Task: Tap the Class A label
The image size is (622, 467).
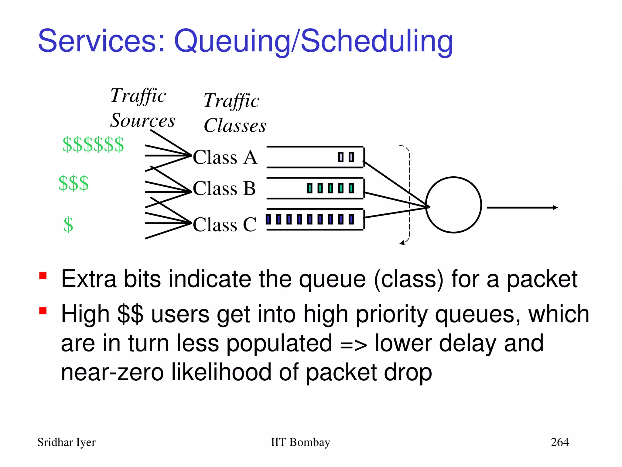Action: (225, 157)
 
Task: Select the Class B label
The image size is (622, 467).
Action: (224, 188)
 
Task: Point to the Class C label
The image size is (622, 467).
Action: (224, 225)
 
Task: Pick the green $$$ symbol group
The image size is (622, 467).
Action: (73, 183)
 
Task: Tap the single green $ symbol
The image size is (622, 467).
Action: (68, 225)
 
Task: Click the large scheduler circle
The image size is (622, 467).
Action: (453, 205)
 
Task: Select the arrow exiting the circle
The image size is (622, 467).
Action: (522, 207)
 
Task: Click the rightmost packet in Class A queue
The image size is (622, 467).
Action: (351, 157)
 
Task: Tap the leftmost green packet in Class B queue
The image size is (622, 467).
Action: (310, 188)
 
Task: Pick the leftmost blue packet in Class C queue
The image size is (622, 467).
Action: (268, 219)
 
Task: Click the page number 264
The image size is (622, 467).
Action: (559, 442)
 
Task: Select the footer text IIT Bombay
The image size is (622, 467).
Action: (300, 442)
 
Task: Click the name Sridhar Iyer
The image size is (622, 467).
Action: (66, 442)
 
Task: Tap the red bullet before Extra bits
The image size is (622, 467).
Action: (43, 276)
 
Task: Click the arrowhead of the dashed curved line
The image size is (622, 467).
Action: (402, 243)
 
